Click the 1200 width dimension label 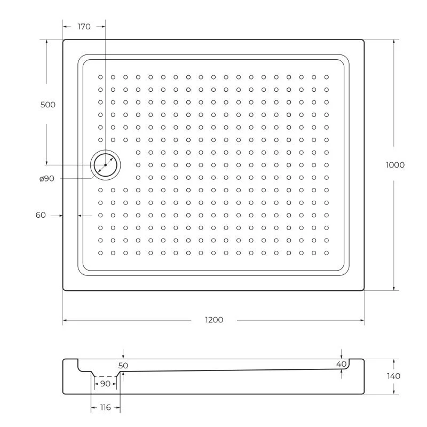click(x=213, y=320)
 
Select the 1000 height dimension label click(x=395, y=164)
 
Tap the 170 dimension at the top click(x=84, y=26)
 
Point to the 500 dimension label click(x=48, y=105)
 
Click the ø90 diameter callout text click(x=46, y=179)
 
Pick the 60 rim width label click(x=41, y=215)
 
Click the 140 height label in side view click(x=393, y=376)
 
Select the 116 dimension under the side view click(x=105, y=407)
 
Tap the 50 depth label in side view click(x=123, y=366)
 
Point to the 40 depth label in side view click(x=342, y=363)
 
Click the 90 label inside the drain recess click(x=105, y=384)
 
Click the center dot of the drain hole click(x=106, y=165)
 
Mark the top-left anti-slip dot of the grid click(x=100, y=77)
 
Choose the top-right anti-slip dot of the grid click(x=327, y=77)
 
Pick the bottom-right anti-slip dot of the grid click(x=327, y=253)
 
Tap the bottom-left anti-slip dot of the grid click(x=100, y=253)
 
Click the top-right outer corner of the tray click(x=364, y=39)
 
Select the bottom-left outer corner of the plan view click(x=64, y=290)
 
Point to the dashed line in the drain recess click(x=105, y=376)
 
